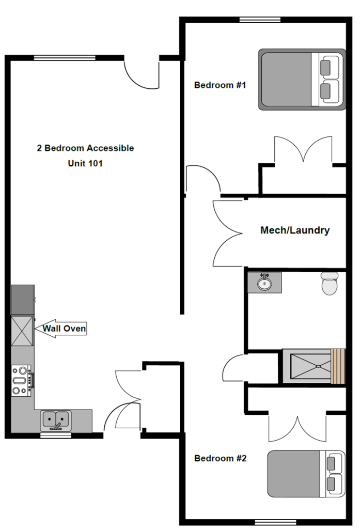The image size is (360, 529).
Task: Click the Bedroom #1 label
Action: tap(220, 85)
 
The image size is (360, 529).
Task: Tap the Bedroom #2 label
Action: tap(221, 458)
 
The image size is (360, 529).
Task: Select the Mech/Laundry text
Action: tap(295, 230)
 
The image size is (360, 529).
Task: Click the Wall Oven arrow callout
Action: tap(61, 328)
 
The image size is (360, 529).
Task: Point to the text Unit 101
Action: tap(85, 163)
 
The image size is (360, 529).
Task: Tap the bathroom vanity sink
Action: tap(264, 283)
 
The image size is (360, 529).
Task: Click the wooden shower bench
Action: tap(338, 366)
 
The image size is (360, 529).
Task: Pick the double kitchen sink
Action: tap(56, 421)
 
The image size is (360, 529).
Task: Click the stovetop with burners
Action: tap(22, 381)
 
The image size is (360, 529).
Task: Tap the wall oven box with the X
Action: tap(23, 331)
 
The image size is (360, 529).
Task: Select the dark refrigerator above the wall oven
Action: tap(23, 300)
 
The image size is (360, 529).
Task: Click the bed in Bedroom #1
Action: tap(302, 80)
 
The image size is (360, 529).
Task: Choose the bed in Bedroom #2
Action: tap(306, 474)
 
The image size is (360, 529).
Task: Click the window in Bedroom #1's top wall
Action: tap(260, 20)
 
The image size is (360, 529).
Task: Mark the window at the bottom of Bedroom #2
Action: tap(275, 522)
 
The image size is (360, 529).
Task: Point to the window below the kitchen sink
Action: tap(56, 435)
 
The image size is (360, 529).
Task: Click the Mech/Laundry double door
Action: tap(228, 233)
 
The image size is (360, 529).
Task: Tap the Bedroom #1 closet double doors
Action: tap(303, 150)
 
